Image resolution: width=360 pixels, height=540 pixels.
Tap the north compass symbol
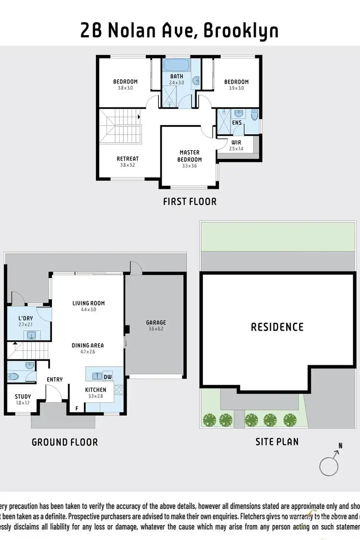coord(330,465)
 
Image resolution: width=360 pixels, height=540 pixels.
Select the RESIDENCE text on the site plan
coord(277,327)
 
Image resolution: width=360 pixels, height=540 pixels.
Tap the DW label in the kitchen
coord(108,377)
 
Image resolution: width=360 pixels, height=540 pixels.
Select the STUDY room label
coord(23,396)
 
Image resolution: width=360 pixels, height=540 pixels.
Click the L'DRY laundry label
coord(26,319)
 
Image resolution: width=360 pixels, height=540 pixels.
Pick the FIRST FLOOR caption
coord(190,201)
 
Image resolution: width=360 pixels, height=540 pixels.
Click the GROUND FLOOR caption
coord(65,442)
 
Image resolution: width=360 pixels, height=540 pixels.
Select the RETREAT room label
coord(128,159)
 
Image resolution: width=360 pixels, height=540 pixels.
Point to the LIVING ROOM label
coord(88,303)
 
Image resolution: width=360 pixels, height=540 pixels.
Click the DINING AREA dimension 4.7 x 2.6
coord(88,352)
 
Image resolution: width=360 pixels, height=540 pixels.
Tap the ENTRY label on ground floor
coord(55,380)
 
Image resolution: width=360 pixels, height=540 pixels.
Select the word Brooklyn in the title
coord(241,31)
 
